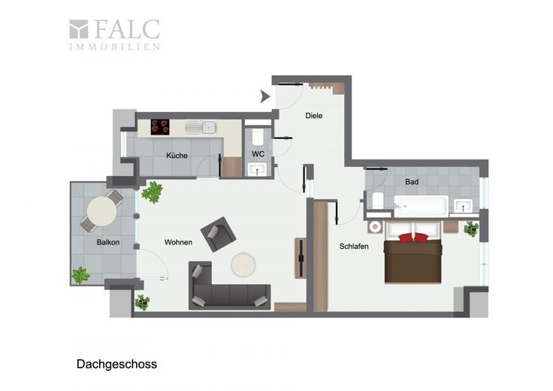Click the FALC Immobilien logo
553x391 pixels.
coord(115,35)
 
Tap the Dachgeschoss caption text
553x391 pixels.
coord(116,364)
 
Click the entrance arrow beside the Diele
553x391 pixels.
coord(265,96)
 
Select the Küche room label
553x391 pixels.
coord(177,155)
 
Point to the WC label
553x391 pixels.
coord(258,154)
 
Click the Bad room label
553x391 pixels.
coord(412,182)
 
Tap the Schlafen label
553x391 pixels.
coord(354,247)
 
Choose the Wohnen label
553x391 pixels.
coord(179,242)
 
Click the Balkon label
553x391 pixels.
coord(108,242)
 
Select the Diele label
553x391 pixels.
coord(314,115)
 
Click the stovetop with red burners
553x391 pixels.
coord(160,127)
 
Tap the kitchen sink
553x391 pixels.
coord(201,127)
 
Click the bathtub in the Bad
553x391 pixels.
coord(421,206)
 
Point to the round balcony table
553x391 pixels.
coord(102,211)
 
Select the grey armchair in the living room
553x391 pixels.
coord(219,235)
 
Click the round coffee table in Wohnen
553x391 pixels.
coord(243,265)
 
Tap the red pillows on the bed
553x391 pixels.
coord(413,238)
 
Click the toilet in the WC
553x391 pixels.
coord(258,138)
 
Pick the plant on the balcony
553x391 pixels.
coord(80,275)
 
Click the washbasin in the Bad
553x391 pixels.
coord(463,206)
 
